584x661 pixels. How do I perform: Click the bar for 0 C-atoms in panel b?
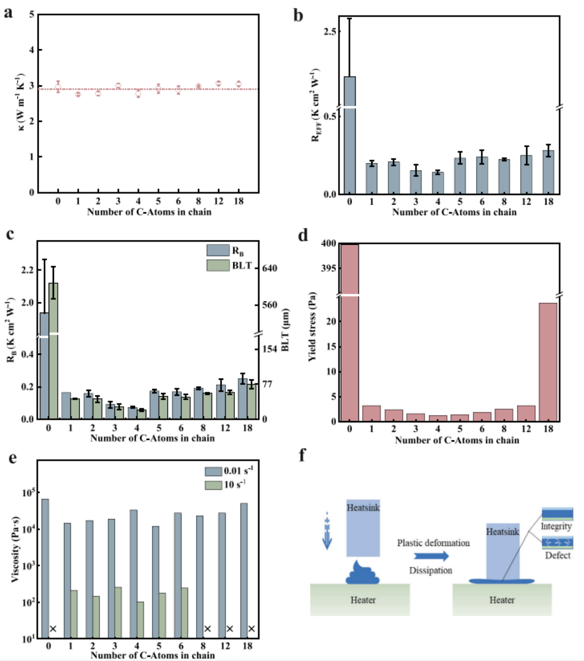click(x=350, y=135)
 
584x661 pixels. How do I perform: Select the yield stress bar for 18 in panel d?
click(x=548, y=361)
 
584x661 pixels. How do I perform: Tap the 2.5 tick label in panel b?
click(x=330, y=32)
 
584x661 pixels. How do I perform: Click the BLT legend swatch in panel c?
click(x=218, y=265)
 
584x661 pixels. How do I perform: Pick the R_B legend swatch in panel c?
click(x=218, y=250)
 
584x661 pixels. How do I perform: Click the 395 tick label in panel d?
click(x=329, y=268)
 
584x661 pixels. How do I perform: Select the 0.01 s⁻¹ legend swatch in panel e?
click(x=213, y=471)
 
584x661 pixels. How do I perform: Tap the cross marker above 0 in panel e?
click(x=53, y=629)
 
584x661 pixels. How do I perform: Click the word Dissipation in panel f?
click(x=430, y=570)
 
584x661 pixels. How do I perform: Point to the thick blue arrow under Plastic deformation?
click(x=431, y=556)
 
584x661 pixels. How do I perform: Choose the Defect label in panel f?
click(x=557, y=555)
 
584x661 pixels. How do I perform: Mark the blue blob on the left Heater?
click(x=362, y=574)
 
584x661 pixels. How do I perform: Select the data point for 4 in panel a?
click(x=138, y=94)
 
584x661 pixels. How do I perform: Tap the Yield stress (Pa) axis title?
click(x=312, y=327)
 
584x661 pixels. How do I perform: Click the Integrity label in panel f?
click(x=556, y=526)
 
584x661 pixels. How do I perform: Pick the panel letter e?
click(x=13, y=458)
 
